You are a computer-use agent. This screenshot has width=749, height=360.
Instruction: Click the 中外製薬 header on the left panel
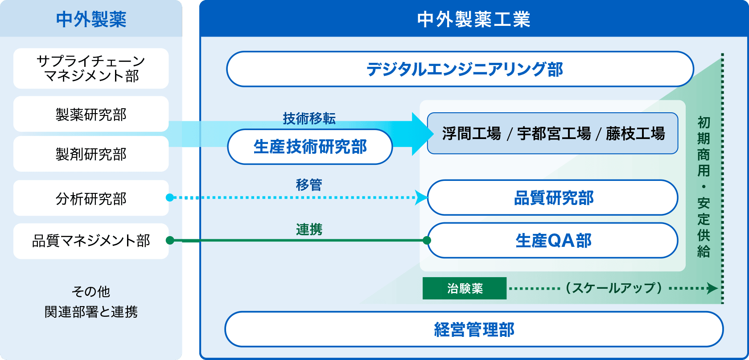coord(91,20)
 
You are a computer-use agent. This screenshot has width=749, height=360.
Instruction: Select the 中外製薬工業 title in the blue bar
coord(473,20)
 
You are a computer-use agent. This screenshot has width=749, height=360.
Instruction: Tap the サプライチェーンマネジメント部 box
coord(91,69)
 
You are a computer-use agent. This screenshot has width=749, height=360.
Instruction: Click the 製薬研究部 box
coord(91,115)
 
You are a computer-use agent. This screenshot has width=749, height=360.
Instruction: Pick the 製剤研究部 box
coord(91,154)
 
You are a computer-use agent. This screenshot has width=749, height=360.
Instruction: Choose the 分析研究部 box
coord(91,198)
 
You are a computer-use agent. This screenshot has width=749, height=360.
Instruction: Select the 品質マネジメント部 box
coord(91,241)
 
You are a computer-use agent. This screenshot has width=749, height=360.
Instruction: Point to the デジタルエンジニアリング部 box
coord(460,69)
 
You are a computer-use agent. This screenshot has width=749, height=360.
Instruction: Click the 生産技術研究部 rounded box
coord(310,147)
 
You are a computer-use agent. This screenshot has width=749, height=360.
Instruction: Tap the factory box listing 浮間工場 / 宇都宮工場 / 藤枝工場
coord(553,134)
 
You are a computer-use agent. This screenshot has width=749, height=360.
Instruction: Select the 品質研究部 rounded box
coord(553,198)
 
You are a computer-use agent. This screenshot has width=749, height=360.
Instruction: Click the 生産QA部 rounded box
coord(553,241)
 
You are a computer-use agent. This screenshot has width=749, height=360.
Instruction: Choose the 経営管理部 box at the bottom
coord(473,330)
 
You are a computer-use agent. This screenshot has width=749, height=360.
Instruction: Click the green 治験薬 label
coord(465,288)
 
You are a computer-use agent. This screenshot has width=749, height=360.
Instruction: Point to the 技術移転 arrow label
coord(309,119)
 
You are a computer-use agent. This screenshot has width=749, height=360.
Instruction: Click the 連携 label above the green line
coord(309,229)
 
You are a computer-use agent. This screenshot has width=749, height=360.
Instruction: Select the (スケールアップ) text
coord(613,288)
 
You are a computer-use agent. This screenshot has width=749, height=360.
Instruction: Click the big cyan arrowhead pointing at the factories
coord(422,134)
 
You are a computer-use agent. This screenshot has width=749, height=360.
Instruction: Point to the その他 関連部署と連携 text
coord(91,302)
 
